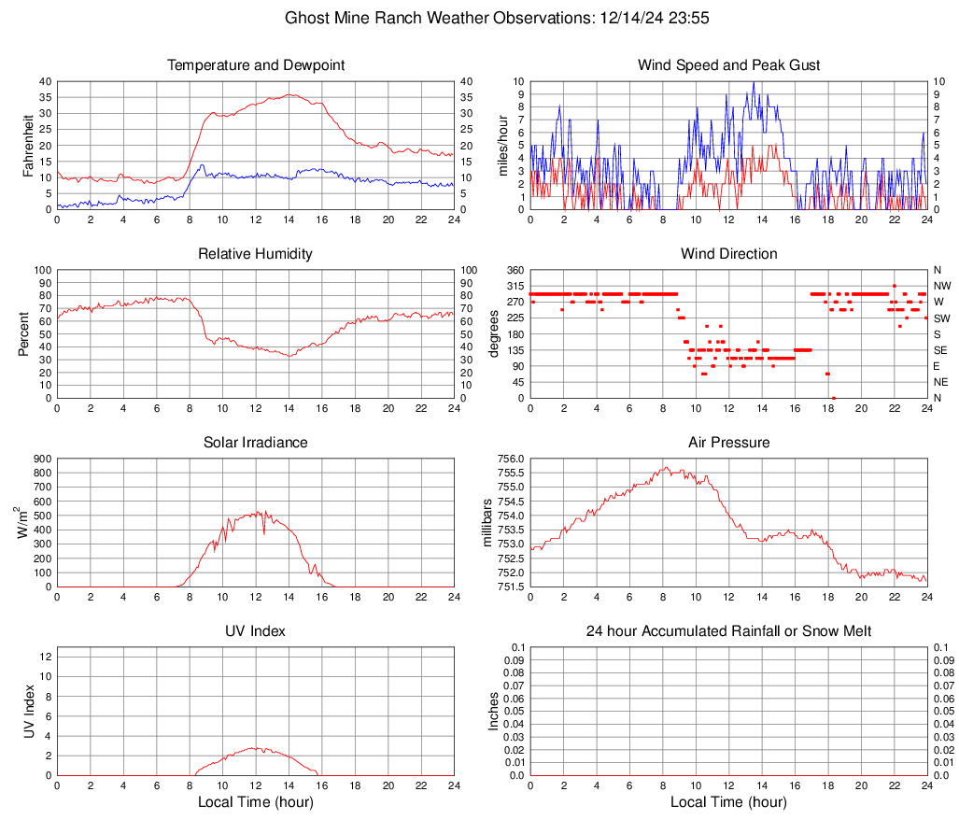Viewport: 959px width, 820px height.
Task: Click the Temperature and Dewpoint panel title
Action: click(256, 65)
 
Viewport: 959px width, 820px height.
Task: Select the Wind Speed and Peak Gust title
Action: click(729, 65)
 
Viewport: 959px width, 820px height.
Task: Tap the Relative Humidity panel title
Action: click(256, 254)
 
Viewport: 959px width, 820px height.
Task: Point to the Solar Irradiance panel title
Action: click(256, 443)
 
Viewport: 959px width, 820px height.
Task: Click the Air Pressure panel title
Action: click(729, 443)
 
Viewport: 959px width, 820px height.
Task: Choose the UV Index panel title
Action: click(256, 631)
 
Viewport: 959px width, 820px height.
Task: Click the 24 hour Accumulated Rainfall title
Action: click(729, 631)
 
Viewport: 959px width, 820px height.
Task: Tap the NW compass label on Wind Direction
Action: click(942, 286)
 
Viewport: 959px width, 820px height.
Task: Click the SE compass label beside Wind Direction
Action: click(941, 350)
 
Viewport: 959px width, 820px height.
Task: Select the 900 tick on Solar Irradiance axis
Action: click(41, 459)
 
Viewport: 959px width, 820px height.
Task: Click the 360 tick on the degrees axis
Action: click(514, 270)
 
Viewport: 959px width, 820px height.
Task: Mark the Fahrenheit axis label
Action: click(28, 145)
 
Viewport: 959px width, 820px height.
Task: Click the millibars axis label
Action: click(487, 523)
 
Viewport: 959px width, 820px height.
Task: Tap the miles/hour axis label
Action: click(503, 145)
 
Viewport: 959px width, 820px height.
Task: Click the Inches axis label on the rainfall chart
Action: click(495, 711)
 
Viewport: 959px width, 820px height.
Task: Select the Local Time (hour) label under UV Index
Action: click(256, 802)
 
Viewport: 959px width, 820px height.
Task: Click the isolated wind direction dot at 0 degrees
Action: click(834, 398)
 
